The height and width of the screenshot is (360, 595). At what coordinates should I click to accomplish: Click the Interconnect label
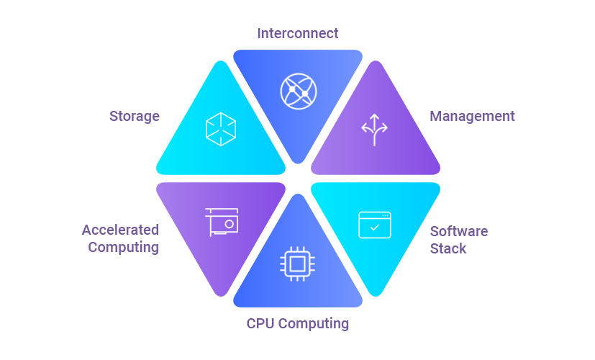coord(298,33)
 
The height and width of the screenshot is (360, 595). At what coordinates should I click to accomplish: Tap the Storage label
coord(135,116)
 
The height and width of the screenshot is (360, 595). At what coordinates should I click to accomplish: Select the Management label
coord(472,116)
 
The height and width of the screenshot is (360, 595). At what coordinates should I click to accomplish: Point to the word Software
coord(459,231)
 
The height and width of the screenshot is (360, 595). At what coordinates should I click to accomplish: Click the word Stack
coord(448,248)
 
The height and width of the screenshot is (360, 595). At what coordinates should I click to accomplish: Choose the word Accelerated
coord(120,230)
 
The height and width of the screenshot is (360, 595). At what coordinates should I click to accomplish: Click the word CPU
coord(260,323)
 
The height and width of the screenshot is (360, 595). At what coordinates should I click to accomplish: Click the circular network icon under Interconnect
coord(298,91)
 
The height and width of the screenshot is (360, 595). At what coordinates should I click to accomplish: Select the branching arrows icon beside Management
coord(374,130)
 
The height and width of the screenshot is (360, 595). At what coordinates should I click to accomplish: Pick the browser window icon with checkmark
coord(374,225)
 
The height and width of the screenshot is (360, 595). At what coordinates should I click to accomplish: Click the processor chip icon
coord(298,263)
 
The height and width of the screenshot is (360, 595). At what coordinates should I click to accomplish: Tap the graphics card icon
coord(222,222)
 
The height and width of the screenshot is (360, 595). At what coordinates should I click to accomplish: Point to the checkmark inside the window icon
coord(374,228)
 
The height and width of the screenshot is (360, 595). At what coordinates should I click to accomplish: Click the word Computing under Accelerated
coord(123,247)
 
